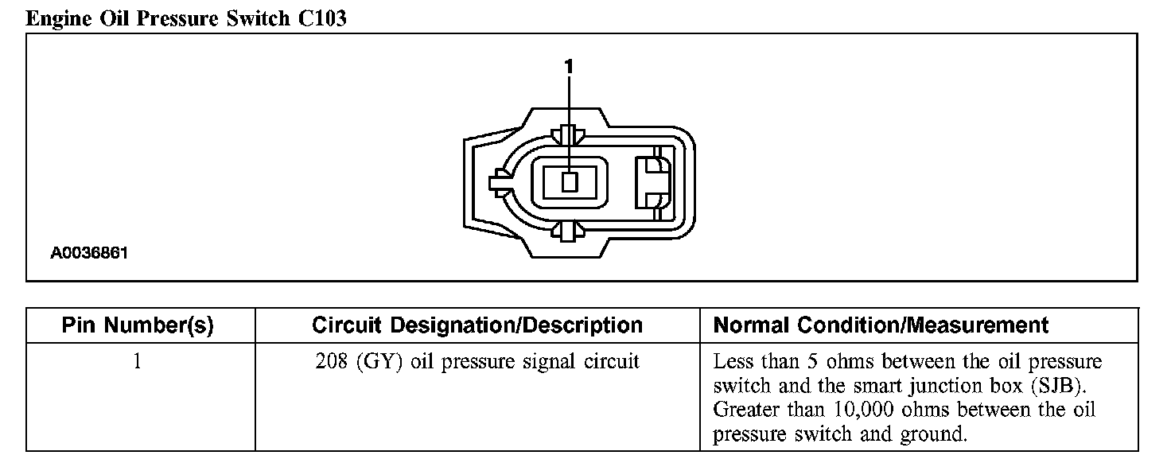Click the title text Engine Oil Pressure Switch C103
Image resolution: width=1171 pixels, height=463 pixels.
[x=186, y=18]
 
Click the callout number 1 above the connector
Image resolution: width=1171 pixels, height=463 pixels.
[x=568, y=68]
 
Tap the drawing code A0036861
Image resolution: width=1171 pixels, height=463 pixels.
[x=89, y=254]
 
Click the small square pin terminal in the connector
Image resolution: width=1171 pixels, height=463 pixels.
[x=568, y=182]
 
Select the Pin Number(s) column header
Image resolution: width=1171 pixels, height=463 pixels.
[x=138, y=325]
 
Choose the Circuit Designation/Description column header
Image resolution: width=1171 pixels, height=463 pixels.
[x=477, y=325]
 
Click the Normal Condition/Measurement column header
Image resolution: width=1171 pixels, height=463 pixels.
[x=881, y=325]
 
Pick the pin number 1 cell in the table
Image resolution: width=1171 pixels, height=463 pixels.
[x=138, y=362]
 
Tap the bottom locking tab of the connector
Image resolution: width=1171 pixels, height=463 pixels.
[x=568, y=231]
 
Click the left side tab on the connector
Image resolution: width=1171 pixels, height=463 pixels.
[x=500, y=182]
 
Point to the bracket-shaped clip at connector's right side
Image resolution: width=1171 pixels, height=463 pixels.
[x=653, y=182]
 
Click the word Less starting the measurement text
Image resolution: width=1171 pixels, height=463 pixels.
[x=732, y=362]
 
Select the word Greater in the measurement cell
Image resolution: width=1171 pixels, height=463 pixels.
[x=744, y=410]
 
